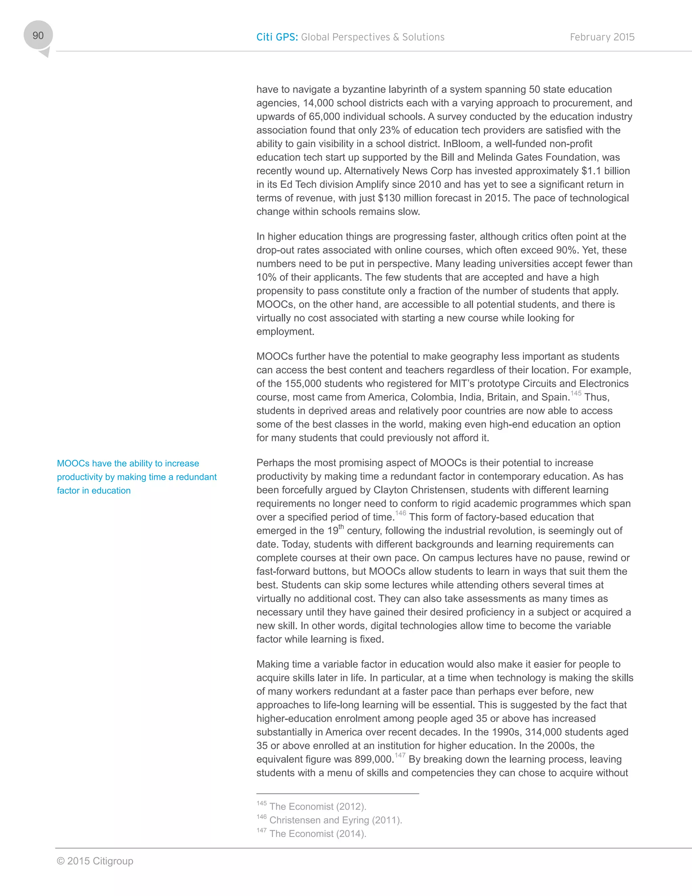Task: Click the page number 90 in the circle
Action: click(x=38, y=36)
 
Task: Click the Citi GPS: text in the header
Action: click(x=277, y=37)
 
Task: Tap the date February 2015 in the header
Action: click(x=602, y=37)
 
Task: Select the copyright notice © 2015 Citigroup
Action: click(x=95, y=861)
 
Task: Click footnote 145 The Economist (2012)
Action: click(x=312, y=806)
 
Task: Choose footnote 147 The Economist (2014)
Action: click(x=312, y=833)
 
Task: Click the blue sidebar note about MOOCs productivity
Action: click(x=137, y=477)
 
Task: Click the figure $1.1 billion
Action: click(x=605, y=171)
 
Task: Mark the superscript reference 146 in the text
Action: click(x=400, y=513)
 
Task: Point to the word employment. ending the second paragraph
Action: click(x=285, y=331)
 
